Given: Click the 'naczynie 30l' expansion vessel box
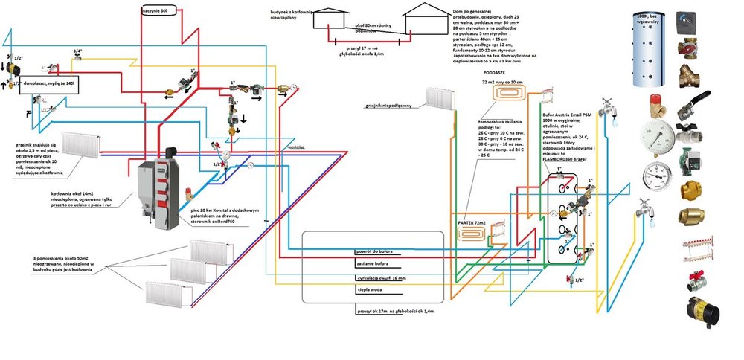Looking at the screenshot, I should coord(158,11).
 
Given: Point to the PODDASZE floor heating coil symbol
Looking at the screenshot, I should coord(510,93).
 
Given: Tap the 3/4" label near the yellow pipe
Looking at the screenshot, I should coord(77,51).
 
